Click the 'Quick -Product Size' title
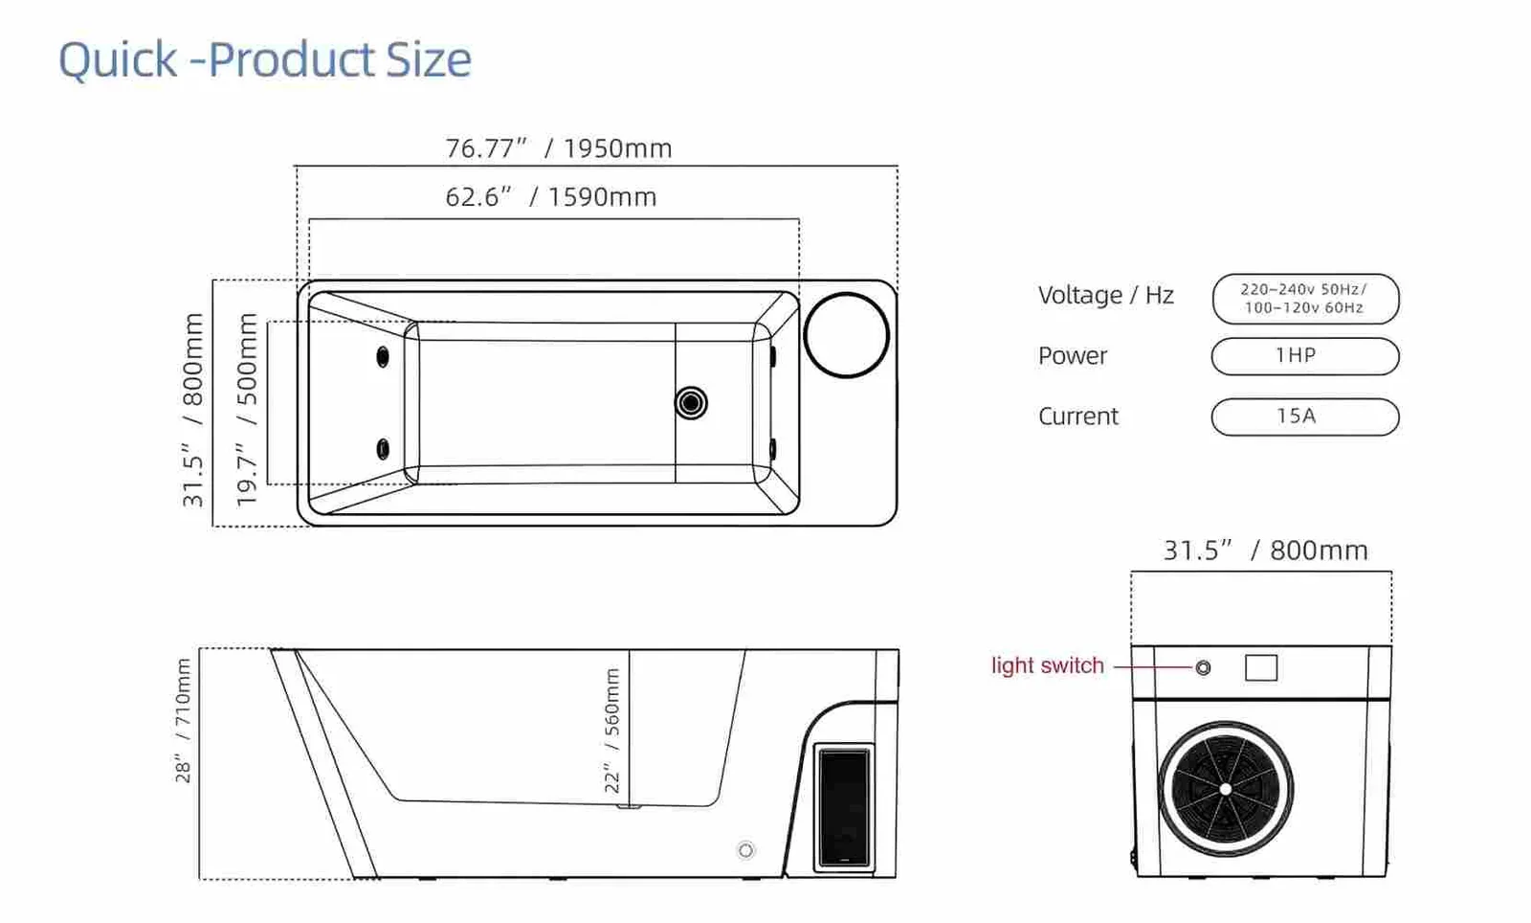[x=265, y=60]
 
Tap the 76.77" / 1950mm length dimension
[x=559, y=148]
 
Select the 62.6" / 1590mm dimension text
[x=551, y=197]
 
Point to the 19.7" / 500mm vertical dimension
[x=247, y=410]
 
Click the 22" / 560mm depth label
[x=612, y=731]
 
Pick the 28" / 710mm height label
[x=183, y=720]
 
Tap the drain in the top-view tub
[x=691, y=403]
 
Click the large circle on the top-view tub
[x=846, y=335]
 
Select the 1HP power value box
[x=1305, y=356]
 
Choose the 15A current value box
[x=1305, y=417]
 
